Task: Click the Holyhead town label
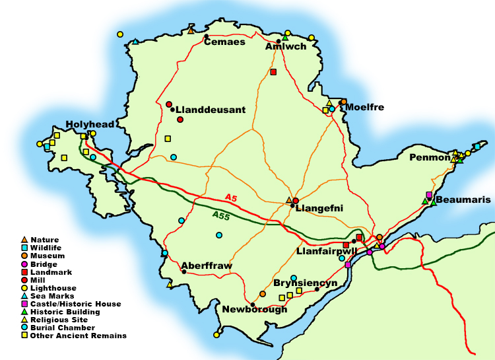tap(90, 124)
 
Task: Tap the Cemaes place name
tap(224, 42)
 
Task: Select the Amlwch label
tap(285, 47)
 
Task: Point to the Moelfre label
tap(364, 107)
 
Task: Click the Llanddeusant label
tap(210, 110)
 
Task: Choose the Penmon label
tap(429, 158)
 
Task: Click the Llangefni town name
tap(319, 208)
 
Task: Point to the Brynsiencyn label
tap(306, 283)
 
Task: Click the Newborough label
tap(255, 309)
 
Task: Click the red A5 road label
tap(230, 198)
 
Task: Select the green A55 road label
tap(221, 215)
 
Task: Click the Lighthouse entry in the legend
tap(53, 288)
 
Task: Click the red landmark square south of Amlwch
tap(273, 72)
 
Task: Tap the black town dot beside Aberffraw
tap(183, 271)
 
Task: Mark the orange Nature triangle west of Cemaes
tap(191, 30)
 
